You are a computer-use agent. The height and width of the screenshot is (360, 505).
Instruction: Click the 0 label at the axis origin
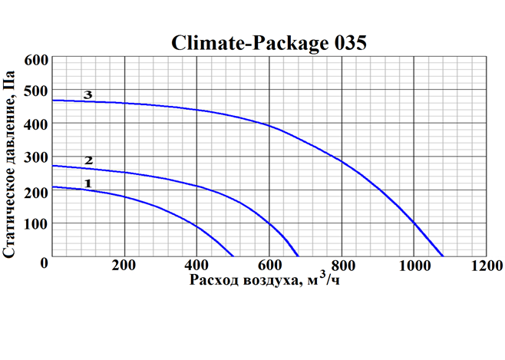pos(45,263)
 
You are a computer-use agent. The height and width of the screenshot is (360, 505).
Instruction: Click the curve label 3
pos(88,95)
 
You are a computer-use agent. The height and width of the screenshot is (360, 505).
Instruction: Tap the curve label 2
pos(88,160)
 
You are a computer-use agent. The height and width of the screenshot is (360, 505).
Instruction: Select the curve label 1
pos(88,183)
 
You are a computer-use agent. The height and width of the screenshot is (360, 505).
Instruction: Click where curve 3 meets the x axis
pos(443,256)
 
